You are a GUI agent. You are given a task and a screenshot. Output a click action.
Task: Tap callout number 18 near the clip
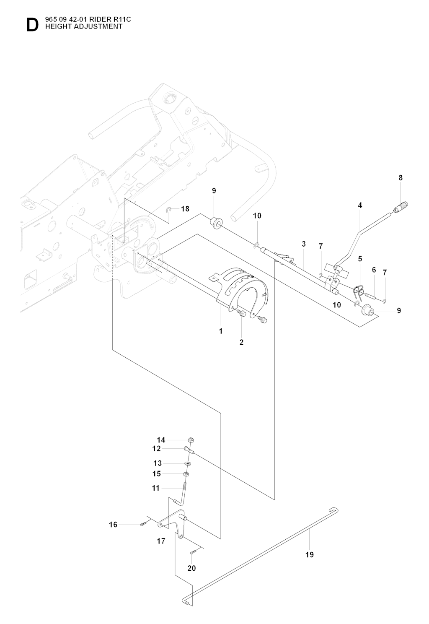(185, 209)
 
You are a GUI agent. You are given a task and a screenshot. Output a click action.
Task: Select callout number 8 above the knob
(401, 178)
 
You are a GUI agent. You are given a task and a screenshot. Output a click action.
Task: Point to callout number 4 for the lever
(360, 205)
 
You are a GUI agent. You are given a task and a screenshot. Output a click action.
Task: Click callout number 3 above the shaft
(304, 244)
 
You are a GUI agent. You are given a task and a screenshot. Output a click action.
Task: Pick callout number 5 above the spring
(360, 259)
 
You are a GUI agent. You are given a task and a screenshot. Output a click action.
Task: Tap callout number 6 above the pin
(374, 270)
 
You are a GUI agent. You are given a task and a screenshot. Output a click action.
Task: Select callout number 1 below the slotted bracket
(221, 331)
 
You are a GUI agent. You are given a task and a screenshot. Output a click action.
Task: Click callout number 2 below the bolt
(242, 342)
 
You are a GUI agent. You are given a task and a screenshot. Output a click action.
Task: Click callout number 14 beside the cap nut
(161, 440)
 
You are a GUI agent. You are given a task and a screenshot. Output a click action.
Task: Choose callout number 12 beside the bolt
(156, 449)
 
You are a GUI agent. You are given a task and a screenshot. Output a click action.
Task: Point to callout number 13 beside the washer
(158, 463)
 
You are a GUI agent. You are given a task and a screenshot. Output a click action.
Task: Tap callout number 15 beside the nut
(157, 474)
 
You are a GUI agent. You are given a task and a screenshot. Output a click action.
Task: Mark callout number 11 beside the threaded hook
(155, 488)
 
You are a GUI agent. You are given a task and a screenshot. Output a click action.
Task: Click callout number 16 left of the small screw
(113, 525)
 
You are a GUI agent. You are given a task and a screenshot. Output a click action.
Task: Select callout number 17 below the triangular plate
(161, 541)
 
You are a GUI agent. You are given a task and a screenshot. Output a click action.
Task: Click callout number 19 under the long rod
(309, 554)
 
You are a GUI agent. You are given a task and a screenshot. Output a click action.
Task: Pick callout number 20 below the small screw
(191, 569)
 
